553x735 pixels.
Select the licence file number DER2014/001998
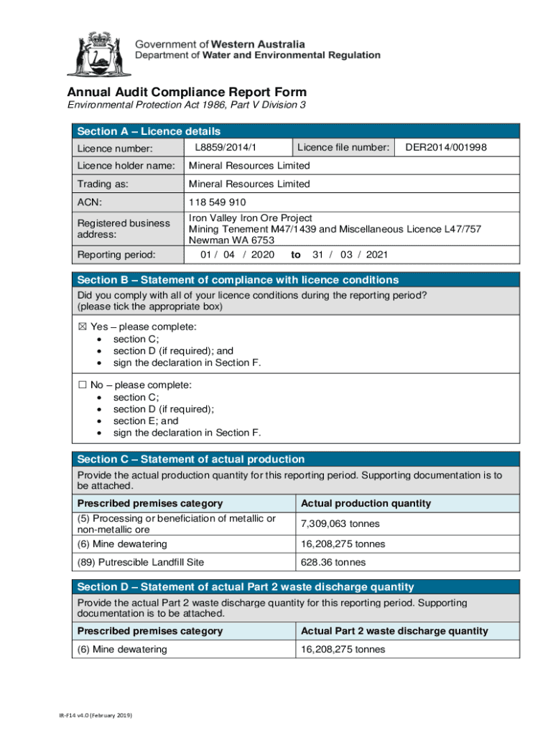[446, 147]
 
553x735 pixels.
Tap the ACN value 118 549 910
[218, 202]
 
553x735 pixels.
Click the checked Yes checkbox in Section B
[81, 327]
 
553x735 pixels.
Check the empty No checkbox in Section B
[81, 385]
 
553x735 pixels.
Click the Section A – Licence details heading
[149, 131]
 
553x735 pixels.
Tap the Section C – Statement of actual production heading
[190, 459]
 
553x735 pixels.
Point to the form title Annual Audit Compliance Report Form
[187, 93]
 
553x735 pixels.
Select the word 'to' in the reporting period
[295, 255]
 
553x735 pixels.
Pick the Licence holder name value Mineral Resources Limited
[249, 166]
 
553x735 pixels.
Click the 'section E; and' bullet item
[146, 421]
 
